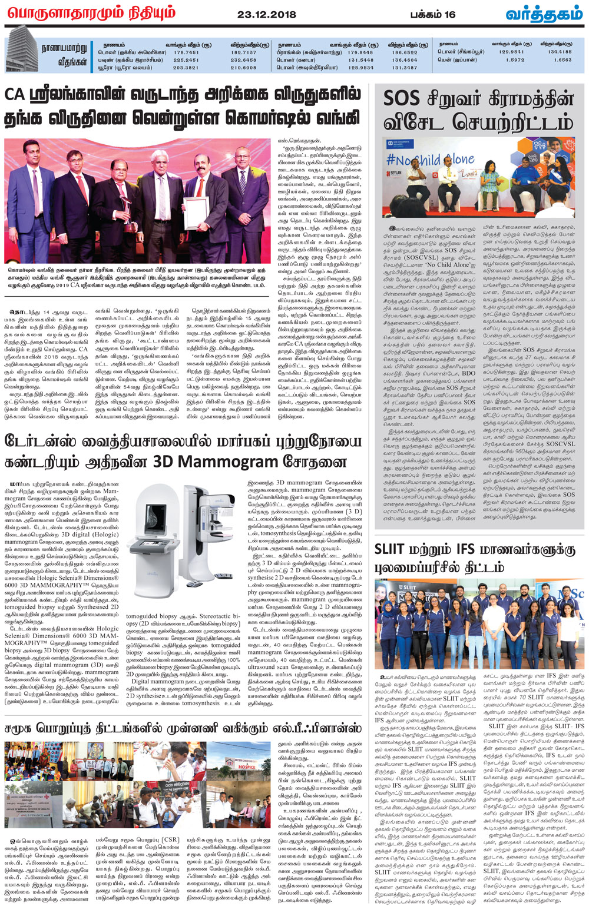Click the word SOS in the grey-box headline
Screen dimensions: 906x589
click(x=401, y=98)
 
